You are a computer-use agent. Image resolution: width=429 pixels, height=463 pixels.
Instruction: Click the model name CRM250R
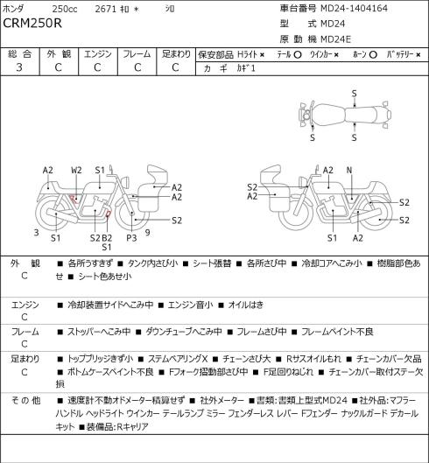pos(32,23)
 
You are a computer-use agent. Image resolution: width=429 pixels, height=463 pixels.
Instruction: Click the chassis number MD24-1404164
pos(354,8)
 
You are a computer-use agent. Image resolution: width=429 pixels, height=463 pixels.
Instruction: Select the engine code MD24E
pos(335,39)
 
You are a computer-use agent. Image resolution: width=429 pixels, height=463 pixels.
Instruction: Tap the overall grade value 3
pos(19,67)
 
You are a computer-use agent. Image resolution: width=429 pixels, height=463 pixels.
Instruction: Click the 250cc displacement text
pos(65,9)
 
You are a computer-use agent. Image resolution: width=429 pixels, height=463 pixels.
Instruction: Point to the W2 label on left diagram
pos(76,170)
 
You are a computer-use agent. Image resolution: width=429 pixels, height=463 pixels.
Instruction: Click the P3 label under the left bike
pos(131,238)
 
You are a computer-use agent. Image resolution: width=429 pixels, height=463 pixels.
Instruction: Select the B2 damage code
pos(107,238)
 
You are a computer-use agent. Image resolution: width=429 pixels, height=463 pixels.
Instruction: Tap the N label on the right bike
pos(349,170)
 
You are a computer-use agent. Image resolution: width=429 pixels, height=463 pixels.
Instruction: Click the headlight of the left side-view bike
pos(126,181)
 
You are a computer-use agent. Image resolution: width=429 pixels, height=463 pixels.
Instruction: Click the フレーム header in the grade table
pos(137,54)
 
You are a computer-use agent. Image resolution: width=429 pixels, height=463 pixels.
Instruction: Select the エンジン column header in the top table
pos(98,54)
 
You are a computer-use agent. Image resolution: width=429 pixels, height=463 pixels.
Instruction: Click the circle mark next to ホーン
pos(373,55)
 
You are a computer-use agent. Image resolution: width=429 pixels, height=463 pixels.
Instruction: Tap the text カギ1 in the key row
pos(245,68)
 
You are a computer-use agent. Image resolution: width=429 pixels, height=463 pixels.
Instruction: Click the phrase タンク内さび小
pos(152,263)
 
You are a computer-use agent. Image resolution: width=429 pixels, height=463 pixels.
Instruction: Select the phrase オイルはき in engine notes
pos(246,305)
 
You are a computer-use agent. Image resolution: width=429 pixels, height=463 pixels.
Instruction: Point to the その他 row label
pos(25,401)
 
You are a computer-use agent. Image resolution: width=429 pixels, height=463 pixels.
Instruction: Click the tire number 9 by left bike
pos(148,233)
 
